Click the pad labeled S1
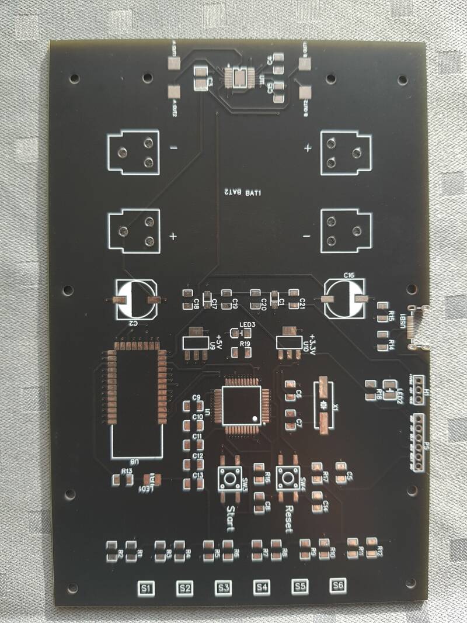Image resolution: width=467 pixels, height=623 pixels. pyautogui.click(x=146, y=587)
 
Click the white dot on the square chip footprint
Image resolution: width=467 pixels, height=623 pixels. pyautogui.click(x=255, y=418)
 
